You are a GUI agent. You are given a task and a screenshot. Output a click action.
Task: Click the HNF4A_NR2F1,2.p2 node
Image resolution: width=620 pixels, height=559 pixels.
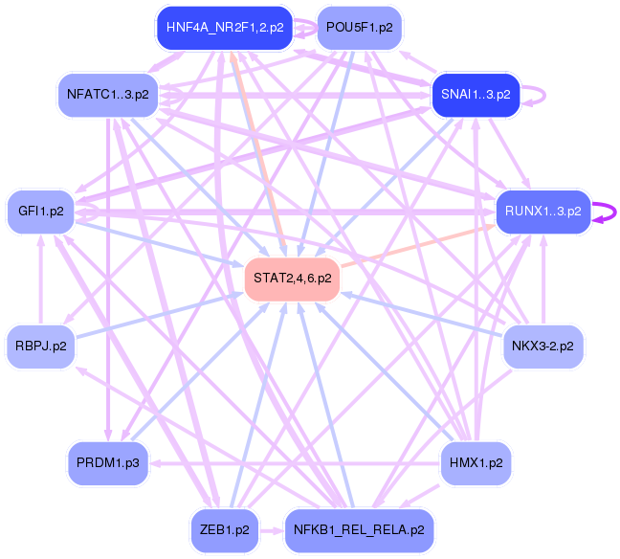(225, 28)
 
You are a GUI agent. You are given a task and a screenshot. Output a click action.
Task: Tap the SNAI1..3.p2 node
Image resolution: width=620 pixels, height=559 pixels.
(476, 95)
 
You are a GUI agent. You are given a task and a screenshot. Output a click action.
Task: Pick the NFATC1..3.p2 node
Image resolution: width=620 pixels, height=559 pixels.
(107, 94)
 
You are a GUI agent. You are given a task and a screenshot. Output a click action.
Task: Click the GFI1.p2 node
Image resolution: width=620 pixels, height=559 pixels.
(40, 211)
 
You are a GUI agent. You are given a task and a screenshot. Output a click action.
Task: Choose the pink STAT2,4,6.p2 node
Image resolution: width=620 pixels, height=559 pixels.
(293, 279)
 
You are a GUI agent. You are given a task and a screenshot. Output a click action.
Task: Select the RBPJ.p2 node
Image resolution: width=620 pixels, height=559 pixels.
(40, 346)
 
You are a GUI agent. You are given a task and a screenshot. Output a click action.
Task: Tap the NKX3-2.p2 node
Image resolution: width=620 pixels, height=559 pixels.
(542, 346)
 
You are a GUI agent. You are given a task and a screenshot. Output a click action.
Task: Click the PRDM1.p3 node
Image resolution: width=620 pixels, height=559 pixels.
(107, 463)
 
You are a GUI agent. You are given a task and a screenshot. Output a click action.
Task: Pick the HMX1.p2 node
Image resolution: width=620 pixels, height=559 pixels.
(476, 463)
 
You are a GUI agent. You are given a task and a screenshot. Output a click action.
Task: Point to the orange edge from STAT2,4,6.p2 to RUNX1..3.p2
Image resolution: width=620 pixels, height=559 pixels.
(416, 244)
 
